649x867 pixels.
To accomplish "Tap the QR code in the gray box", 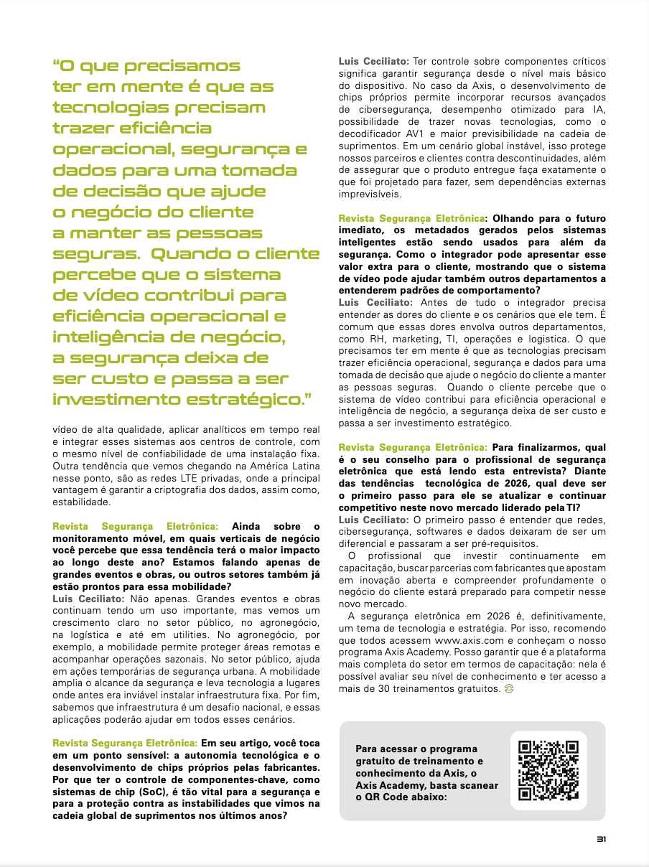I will (x=548, y=770).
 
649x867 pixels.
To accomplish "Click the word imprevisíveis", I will (x=371, y=194).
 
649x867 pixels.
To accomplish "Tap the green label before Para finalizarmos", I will (x=412, y=447).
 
